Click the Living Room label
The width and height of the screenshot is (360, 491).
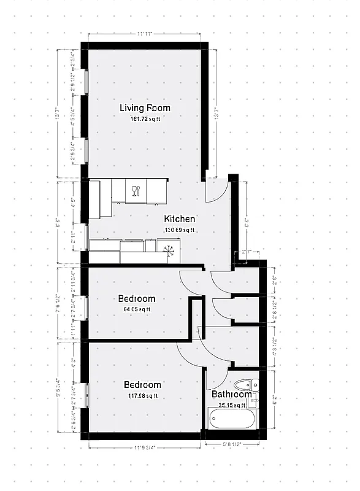click(145, 109)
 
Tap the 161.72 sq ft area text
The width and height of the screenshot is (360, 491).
click(145, 119)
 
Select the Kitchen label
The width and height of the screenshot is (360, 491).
click(180, 219)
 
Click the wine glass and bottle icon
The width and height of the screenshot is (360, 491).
click(136, 190)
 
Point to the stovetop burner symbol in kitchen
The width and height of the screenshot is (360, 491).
click(169, 250)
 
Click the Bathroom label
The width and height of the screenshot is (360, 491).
click(231, 395)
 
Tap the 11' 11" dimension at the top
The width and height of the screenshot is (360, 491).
click(144, 34)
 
